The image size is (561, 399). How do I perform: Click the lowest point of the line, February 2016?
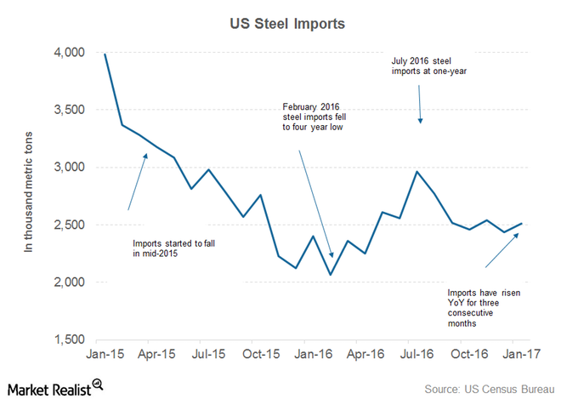coord(330,274)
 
